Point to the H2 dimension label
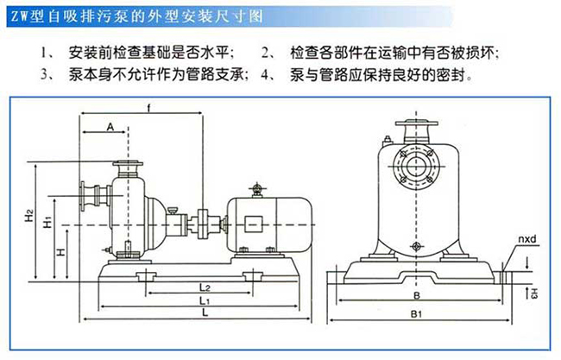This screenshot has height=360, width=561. pos(28,212)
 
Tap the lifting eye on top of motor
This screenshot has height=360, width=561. pos(255,187)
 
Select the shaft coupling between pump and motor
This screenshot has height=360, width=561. pos(205,226)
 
